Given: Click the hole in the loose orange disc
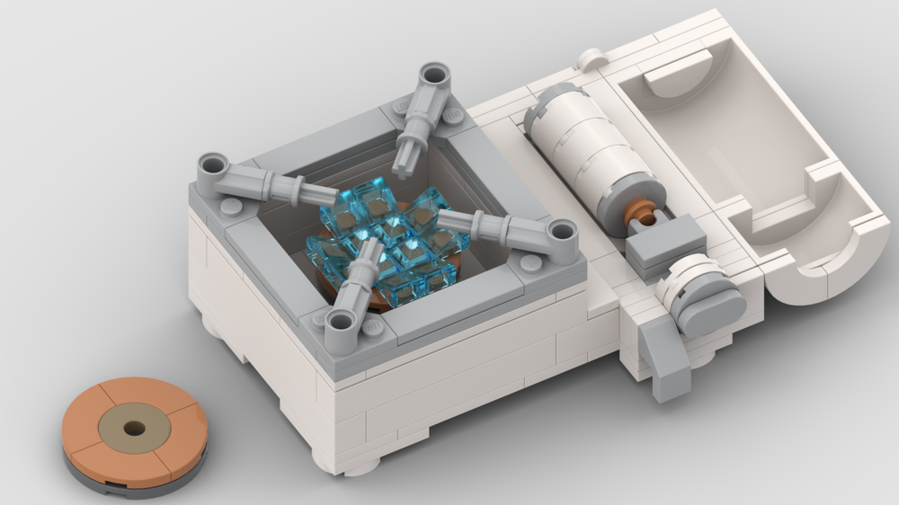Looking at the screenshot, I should (134, 429).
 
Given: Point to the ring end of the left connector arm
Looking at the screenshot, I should (214, 167).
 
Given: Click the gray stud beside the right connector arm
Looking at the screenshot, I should (530, 262).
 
